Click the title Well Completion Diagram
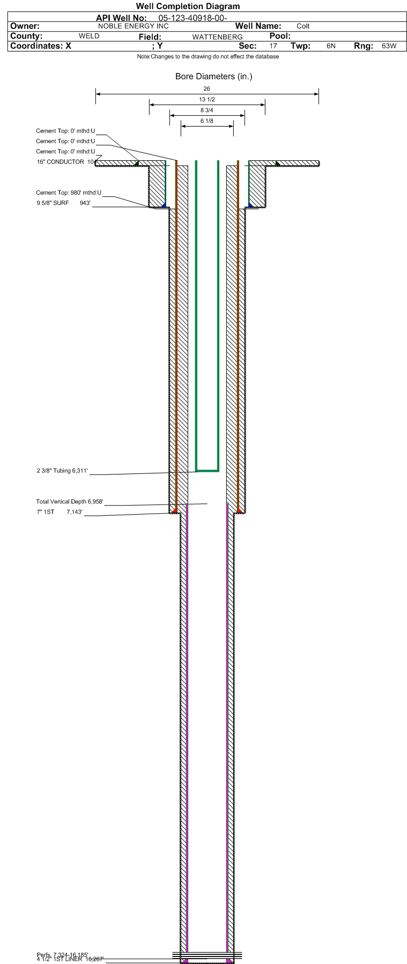188,6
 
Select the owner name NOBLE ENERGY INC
134,26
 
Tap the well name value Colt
303,26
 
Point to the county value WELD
89,36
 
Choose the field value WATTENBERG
217,37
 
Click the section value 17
273,46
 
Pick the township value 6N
331,46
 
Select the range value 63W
389,46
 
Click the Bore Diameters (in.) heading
213,77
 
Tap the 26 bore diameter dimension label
207,89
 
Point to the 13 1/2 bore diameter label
207,100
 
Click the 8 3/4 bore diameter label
207,110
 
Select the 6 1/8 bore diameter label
207,121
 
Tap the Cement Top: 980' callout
69,192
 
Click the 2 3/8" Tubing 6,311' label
62,471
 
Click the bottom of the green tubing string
207,471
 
